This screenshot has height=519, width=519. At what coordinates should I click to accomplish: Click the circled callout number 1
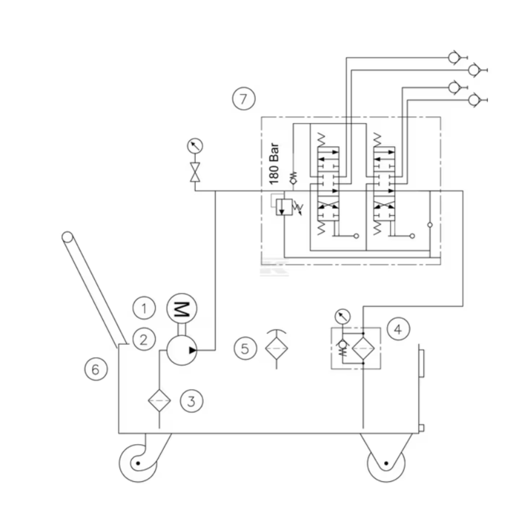pos(144,306)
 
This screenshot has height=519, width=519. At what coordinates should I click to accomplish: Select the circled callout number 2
pos(144,340)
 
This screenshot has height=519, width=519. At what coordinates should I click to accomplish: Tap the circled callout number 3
pos(191,401)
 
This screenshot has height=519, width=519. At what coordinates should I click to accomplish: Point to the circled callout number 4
pos(399,327)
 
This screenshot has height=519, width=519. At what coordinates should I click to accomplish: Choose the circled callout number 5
pos(245,347)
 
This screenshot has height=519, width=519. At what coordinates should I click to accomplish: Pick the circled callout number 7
pos(243,98)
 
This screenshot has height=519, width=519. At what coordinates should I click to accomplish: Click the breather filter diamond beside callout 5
pos(275,348)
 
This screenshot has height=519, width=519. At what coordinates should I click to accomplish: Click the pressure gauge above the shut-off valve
pos(196,145)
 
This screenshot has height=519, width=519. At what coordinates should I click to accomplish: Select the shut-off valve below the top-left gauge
pos(196,173)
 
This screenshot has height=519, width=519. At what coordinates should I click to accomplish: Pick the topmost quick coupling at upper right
pos(452,56)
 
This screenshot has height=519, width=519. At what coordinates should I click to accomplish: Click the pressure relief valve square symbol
pos(282,207)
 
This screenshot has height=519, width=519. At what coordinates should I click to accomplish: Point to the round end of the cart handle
pos(68,238)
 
